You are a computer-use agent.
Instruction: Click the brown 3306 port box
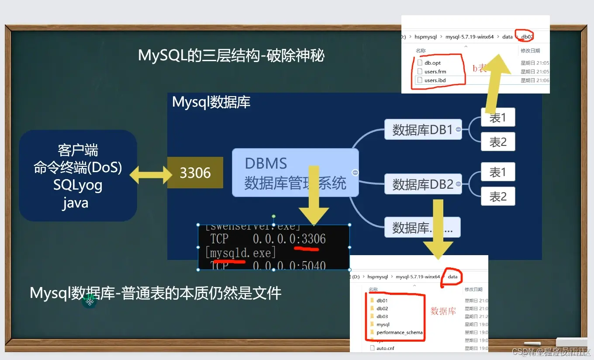point(195,173)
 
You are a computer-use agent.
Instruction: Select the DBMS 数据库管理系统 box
point(295,173)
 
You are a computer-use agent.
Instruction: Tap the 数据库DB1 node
point(422,129)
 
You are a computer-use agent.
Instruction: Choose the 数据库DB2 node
point(422,184)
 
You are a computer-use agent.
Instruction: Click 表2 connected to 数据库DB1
point(498,142)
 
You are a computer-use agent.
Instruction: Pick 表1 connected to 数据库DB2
point(498,172)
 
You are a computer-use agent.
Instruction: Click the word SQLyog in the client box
point(78,185)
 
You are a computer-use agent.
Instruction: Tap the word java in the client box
point(75,203)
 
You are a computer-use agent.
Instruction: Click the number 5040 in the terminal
point(314,265)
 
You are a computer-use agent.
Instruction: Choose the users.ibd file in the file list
point(435,80)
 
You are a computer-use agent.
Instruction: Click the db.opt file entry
point(432,63)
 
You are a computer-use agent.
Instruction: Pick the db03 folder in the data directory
point(382,316)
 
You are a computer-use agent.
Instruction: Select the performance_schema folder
point(399,332)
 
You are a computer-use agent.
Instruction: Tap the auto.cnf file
point(385,348)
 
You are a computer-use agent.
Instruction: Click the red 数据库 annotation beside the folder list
point(443,311)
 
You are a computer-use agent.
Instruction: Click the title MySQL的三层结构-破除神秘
point(231,56)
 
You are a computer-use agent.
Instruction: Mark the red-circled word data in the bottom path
point(452,277)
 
